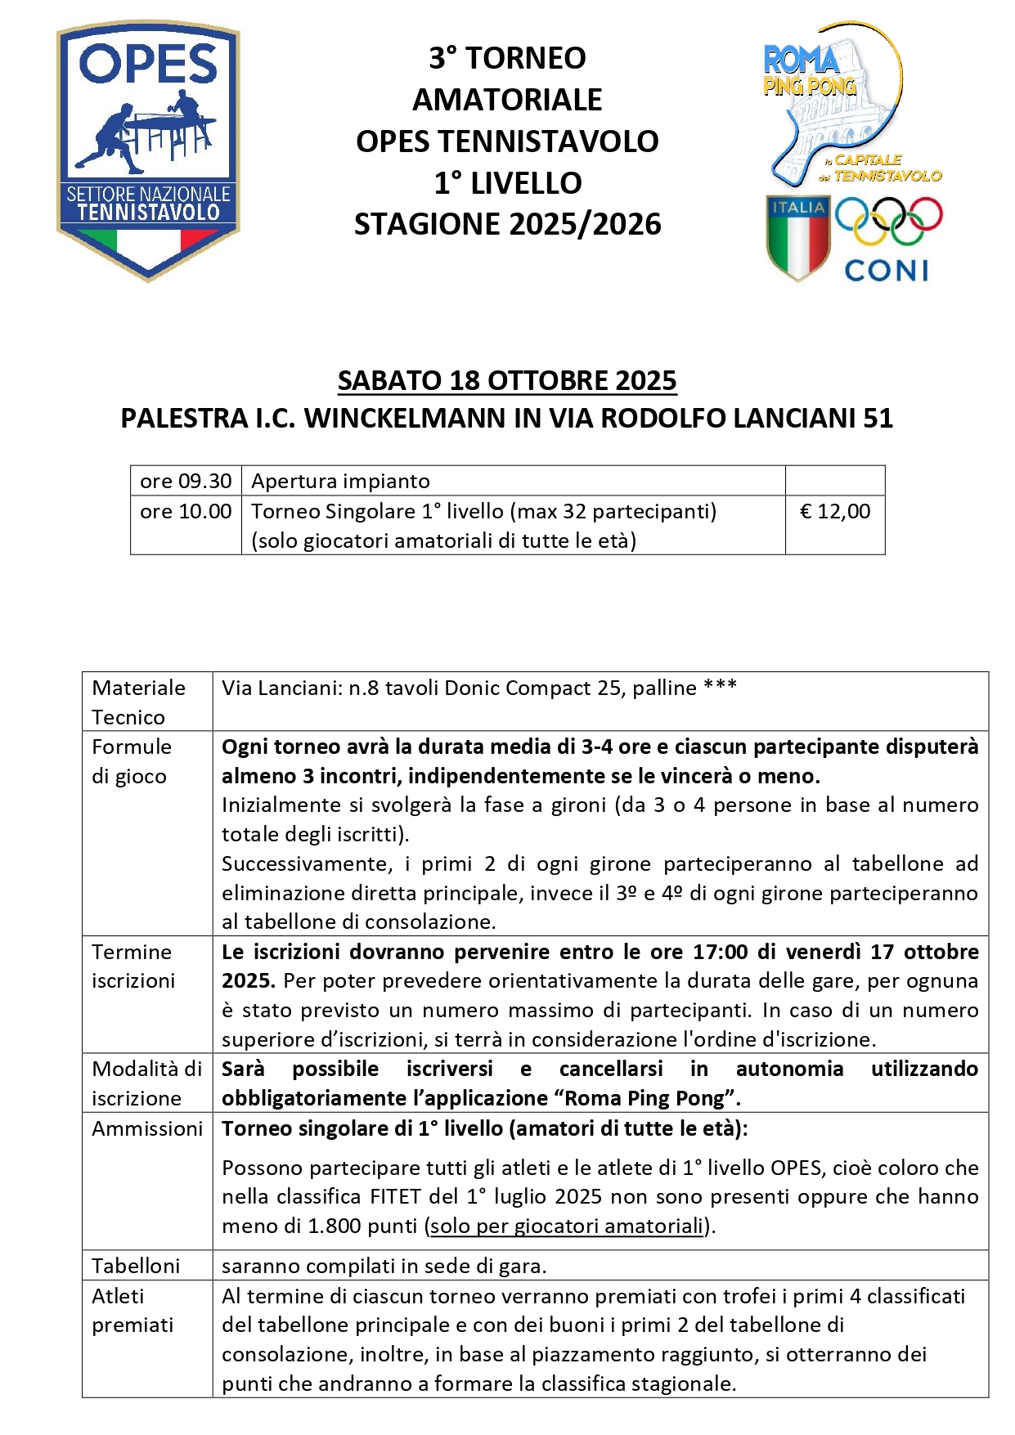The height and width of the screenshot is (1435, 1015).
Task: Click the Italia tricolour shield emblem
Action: pyautogui.click(x=797, y=237)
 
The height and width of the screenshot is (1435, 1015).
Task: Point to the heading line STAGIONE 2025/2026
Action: pyautogui.click(x=507, y=225)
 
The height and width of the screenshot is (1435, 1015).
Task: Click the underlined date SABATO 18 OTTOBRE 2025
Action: pyautogui.click(x=507, y=381)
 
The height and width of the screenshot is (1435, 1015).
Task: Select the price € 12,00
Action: pyautogui.click(x=835, y=512)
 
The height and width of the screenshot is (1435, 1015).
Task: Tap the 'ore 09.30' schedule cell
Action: pyautogui.click(x=186, y=482)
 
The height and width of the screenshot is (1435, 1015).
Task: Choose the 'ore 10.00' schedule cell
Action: pyautogui.click(x=186, y=512)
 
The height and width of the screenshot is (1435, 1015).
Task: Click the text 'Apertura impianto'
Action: pyautogui.click(x=340, y=482)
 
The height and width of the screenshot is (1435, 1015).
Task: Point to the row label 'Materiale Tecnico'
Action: pyautogui.click(x=138, y=702)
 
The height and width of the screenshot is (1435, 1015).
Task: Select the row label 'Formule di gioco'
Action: pyautogui.click(x=132, y=761)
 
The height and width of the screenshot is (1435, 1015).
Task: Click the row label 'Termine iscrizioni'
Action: pyautogui.click(x=133, y=966)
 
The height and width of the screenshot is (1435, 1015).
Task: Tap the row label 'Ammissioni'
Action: pyautogui.click(x=147, y=1129)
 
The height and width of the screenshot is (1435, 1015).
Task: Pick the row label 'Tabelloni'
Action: pyautogui.click(x=136, y=1267)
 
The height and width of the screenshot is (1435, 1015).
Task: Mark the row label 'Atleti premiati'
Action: pyautogui.click(x=132, y=1311)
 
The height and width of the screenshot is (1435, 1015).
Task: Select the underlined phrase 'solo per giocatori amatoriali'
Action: pyautogui.click(x=567, y=1226)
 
